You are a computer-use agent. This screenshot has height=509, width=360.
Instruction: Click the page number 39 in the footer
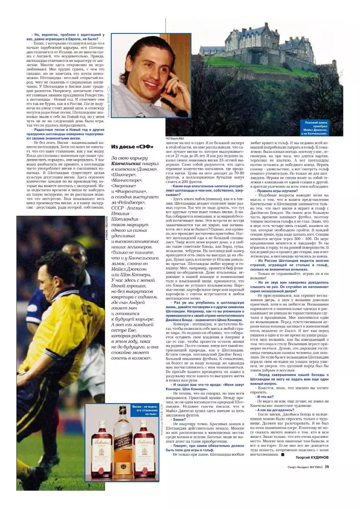[326, 466]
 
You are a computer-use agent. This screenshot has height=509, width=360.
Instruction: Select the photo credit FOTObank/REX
[175, 138]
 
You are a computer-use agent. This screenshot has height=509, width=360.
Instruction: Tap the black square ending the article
[283, 454]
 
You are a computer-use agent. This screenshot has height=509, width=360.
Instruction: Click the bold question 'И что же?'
[265, 397]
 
